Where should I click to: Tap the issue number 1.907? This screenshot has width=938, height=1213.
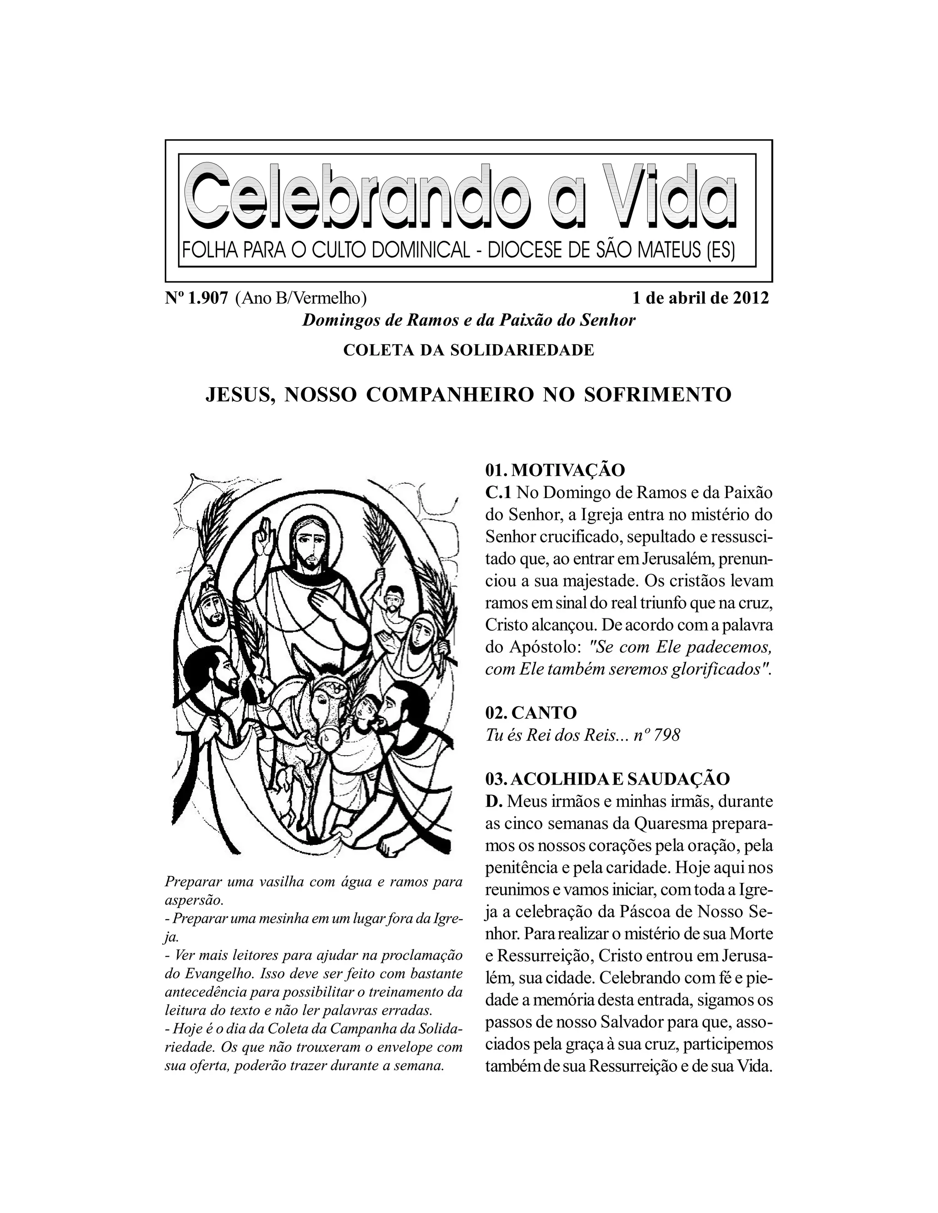pos(207,298)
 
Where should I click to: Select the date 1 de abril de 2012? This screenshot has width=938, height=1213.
pos(701,298)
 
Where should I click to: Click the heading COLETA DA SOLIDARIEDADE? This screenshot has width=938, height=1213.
pos(469,351)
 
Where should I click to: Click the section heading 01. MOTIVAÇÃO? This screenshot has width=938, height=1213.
pos(555,470)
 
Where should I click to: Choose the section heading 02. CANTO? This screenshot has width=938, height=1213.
pos(531,713)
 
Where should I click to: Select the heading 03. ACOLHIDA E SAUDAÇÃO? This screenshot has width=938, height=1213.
pos(607,779)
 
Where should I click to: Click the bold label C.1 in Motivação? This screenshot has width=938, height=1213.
pos(497,493)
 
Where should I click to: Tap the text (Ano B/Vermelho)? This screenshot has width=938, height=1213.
pos(300,298)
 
